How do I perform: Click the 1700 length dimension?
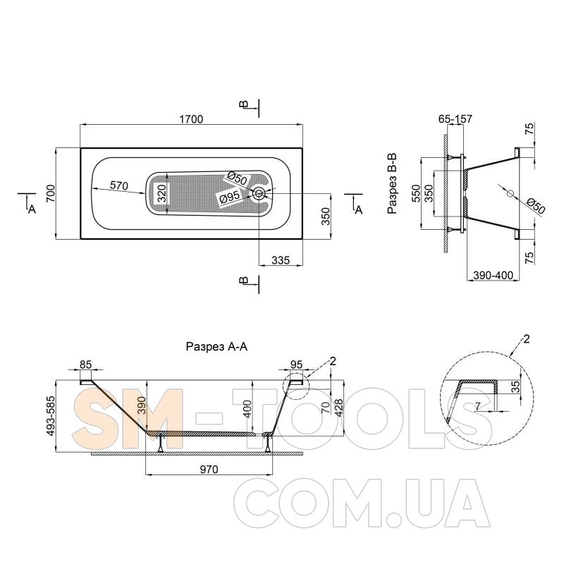(191, 119)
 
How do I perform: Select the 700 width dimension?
(51, 193)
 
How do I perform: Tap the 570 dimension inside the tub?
(119, 186)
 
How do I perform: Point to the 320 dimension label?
(162, 193)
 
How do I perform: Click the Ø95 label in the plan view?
(228, 198)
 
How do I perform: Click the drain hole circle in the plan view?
(259, 193)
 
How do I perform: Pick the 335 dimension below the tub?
(281, 259)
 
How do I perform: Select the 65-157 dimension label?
(455, 118)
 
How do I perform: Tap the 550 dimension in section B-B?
(416, 193)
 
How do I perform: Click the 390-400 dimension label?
(493, 276)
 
